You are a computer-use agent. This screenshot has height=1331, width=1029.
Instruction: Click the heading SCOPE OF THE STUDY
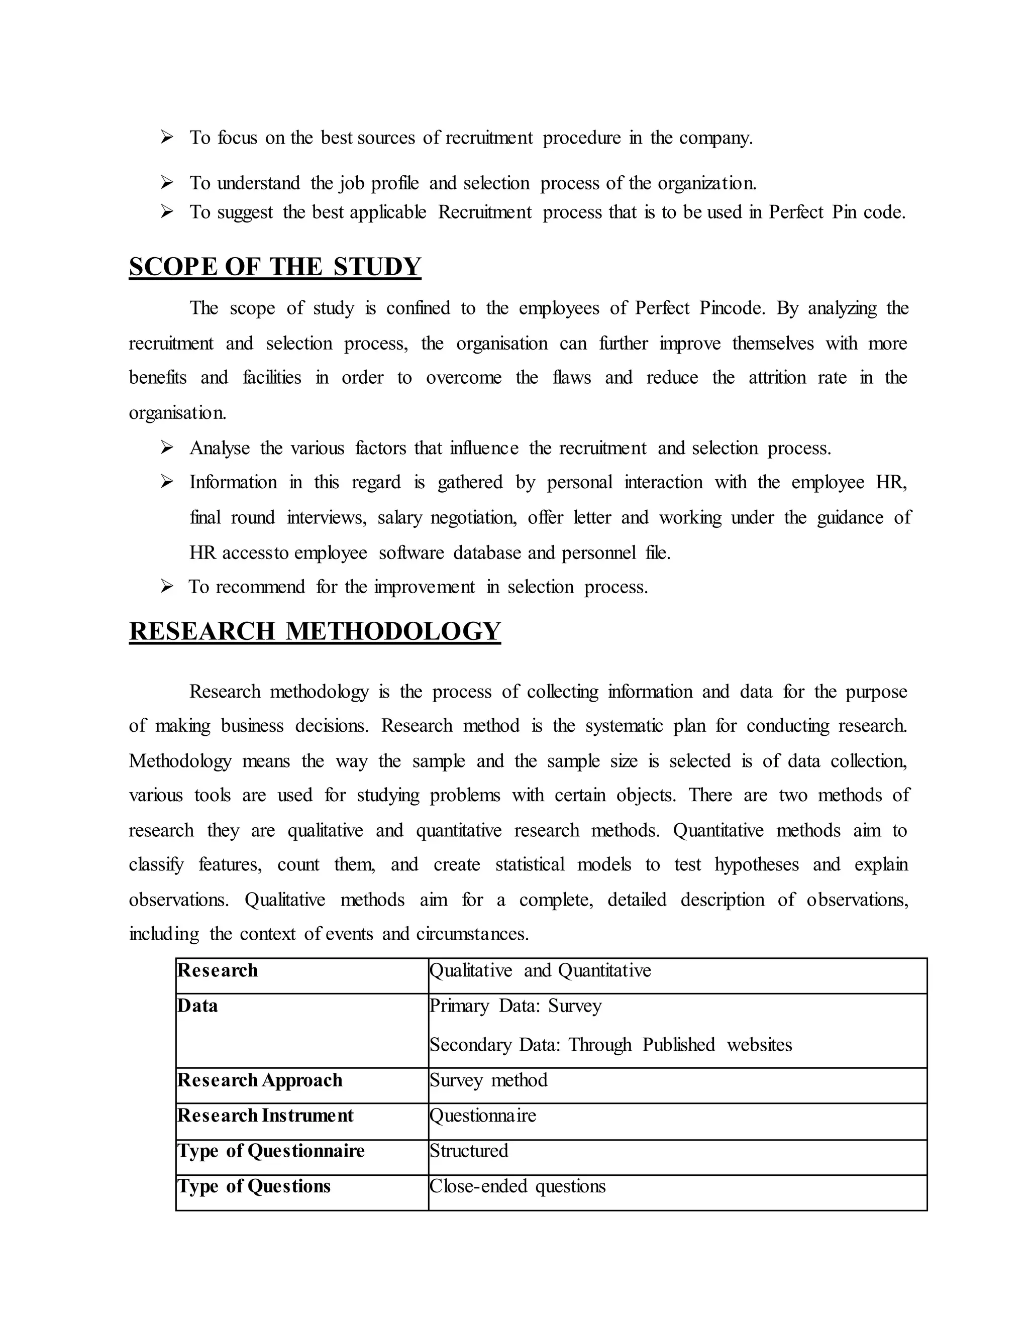(x=275, y=267)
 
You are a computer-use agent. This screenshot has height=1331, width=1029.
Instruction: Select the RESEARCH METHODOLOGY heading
(x=315, y=631)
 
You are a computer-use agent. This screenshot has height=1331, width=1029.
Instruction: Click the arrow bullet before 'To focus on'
(x=167, y=137)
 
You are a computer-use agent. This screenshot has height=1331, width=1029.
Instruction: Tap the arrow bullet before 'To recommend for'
(x=167, y=587)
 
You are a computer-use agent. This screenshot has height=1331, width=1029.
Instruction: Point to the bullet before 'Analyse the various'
(x=167, y=448)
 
